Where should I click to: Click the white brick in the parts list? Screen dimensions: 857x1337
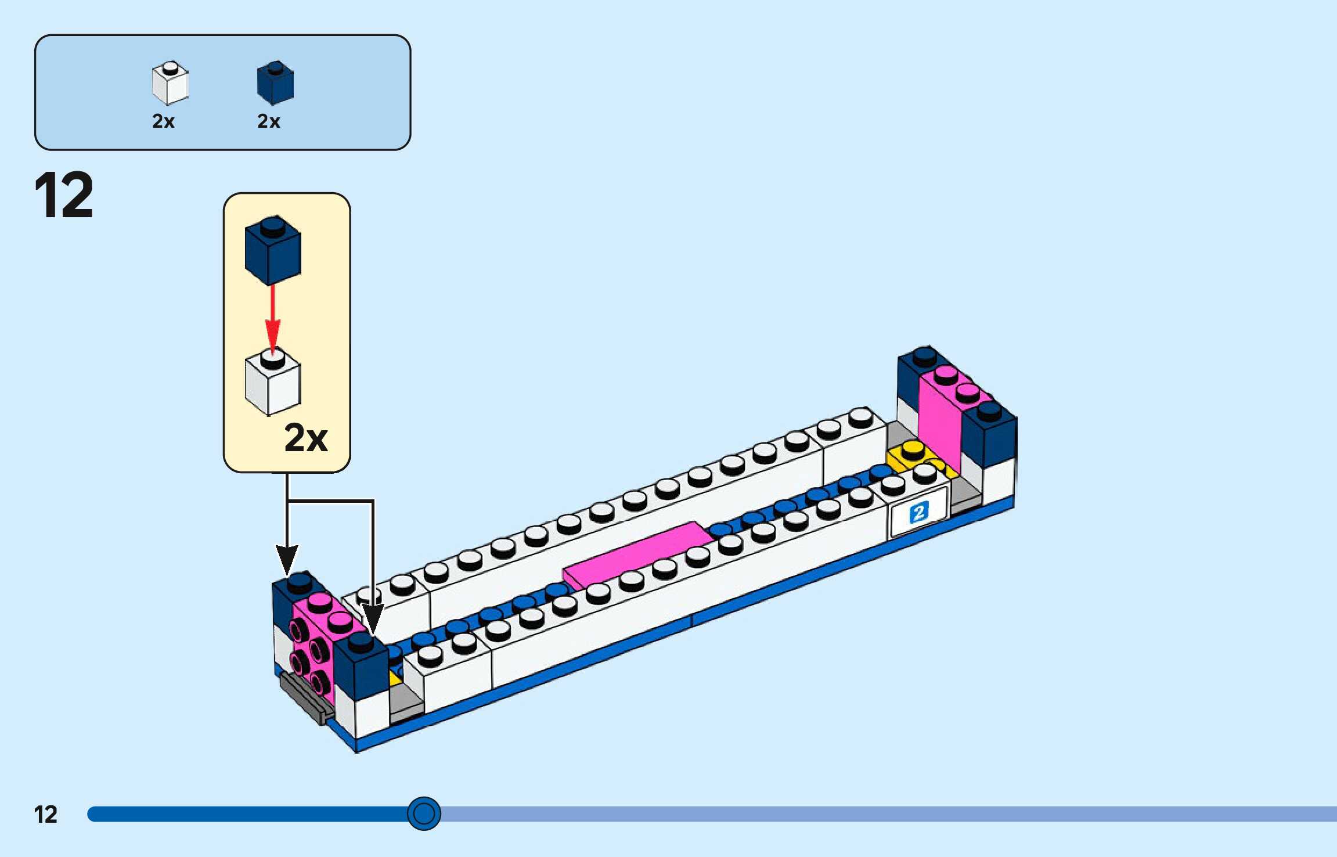coord(170,83)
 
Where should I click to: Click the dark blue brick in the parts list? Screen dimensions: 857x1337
coord(275,83)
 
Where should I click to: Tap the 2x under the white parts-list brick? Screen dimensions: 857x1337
coord(163,121)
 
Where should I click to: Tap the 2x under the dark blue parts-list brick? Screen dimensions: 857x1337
coord(269,121)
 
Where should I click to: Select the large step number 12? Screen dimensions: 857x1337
coord(64,196)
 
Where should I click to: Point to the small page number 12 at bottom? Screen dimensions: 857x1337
coord(45,815)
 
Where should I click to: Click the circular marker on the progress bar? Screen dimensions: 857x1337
coord(424,813)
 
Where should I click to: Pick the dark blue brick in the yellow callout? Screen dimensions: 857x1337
coord(273,251)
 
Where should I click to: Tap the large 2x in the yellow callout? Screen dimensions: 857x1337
coord(306,438)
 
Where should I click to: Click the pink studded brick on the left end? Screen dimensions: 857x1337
coord(313,644)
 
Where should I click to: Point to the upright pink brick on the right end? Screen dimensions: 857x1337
coord(940,418)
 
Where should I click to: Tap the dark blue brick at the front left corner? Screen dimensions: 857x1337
coord(361,668)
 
